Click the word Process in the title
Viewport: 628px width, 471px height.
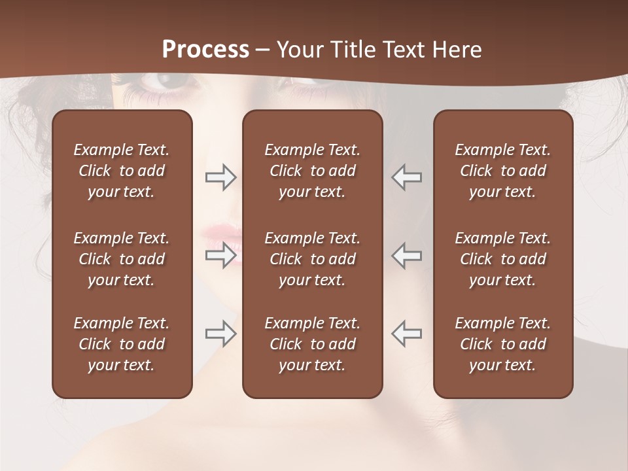pyautogui.click(x=205, y=49)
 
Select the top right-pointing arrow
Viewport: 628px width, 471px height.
pyautogui.click(x=220, y=177)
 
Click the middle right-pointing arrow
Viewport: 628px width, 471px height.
pyautogui.click(x=220, y=254)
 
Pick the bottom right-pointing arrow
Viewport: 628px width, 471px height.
pyautogui.click(x=220, y=334)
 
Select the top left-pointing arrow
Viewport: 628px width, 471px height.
pyautogui.click(x=407, y=177)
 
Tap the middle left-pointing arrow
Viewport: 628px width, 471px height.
pyautogui.click(x=407, y=254)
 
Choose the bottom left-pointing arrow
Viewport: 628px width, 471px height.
pyautogui.click(x=407, y=334)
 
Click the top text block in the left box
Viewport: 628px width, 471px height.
pyautogui.click(x=122, y=171)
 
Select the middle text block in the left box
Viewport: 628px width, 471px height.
pyautogui.click(x=122, y=259)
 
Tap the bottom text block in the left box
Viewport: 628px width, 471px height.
pyautogui.click(x=122, y=344)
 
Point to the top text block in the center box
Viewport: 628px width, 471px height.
pyautogui.click(x=312, y=171)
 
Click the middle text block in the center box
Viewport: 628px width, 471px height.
pyautogui.click(x=312, y=259)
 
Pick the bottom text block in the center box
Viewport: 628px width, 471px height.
pyautogui.click(x=312, y=344)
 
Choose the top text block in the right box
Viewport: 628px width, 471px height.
pyautogui.click(x=502, y=171)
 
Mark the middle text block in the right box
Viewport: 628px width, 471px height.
pyautogui.click(x=502, y=259)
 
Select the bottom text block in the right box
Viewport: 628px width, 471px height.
pyautogui.click(x=502, y=344)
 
